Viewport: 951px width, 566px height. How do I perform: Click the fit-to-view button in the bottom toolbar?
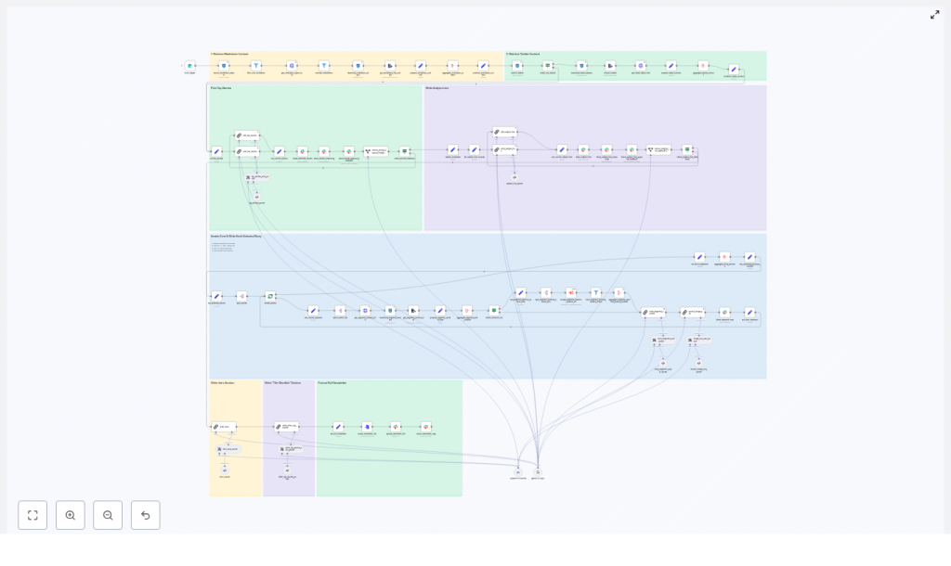33,515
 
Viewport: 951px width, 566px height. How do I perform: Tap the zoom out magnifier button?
108,515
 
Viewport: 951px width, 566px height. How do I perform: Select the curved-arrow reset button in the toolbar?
145,515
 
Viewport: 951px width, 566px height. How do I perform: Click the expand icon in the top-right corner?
934,15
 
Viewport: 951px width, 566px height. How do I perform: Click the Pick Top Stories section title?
221,88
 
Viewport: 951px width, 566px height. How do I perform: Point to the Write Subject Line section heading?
436,88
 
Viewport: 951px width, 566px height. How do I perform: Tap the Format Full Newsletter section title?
332,382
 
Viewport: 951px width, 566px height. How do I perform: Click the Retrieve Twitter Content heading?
523,54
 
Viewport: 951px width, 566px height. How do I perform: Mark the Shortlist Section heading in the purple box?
282,382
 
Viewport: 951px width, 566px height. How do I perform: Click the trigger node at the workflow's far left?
189,66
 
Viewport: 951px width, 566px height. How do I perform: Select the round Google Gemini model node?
537,471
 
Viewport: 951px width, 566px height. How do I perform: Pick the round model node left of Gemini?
518,471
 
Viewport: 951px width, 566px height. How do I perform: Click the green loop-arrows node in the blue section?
270,296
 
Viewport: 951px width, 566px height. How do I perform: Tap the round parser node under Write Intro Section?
225,470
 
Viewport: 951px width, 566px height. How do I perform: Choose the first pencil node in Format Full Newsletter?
338,427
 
